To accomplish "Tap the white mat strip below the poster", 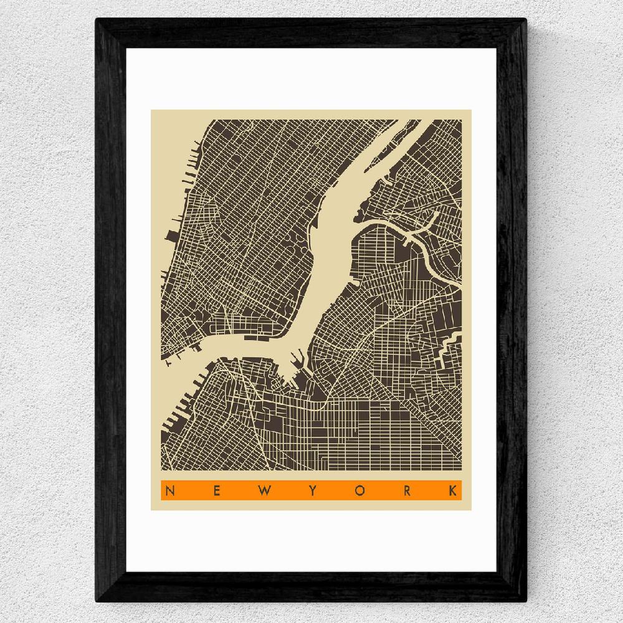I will pyautogui.click(x=311, y=542).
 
